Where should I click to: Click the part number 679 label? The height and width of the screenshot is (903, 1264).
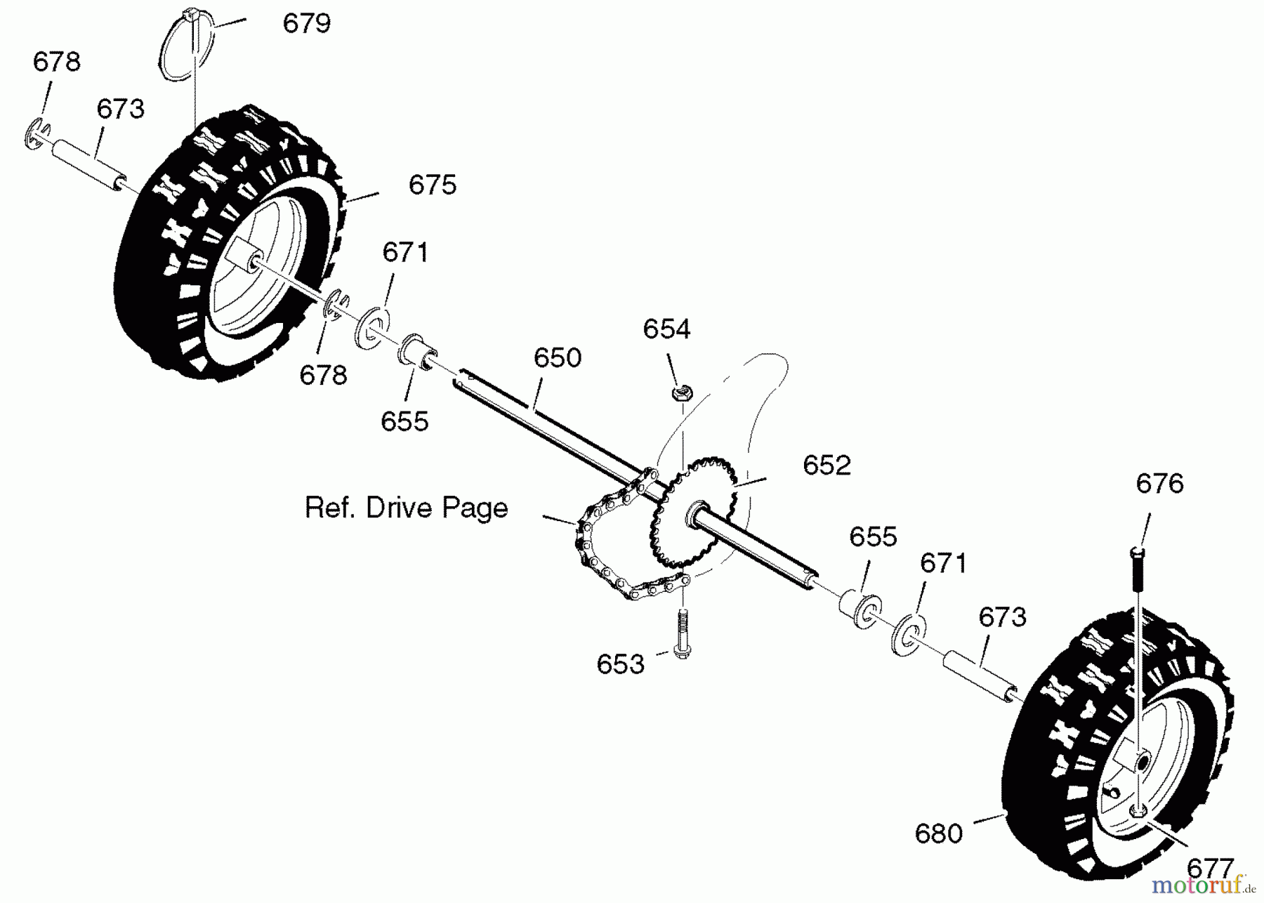306,24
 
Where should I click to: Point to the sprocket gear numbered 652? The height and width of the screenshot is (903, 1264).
693,510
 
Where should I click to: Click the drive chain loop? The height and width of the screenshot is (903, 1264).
597,562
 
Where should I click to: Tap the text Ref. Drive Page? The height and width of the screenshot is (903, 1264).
406,508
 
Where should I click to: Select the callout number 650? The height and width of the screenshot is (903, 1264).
558,357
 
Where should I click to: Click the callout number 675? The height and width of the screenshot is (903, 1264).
433,185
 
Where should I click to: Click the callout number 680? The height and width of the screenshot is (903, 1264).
939,833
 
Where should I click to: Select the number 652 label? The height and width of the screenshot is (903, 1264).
827,465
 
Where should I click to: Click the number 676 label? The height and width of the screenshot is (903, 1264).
1160,483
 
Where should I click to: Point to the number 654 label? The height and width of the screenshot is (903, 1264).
667,329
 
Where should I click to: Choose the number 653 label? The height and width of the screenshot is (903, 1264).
621,664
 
